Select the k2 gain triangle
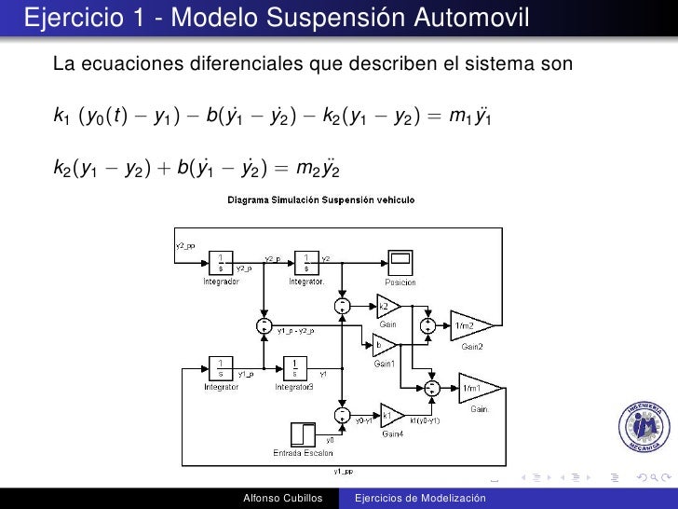point(387,307)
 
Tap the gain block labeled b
point(383,346)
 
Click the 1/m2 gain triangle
point(470,325)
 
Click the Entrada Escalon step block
point(304,434)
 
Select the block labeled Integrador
point(221,261)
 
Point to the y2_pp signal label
point(185,246)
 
